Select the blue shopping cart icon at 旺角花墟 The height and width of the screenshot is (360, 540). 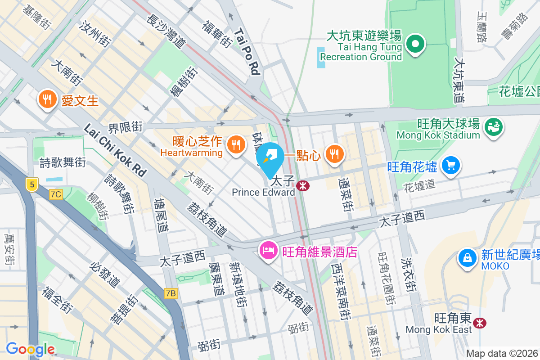[x=450, y=166]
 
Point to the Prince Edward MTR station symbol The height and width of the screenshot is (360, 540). [x=302, y=185]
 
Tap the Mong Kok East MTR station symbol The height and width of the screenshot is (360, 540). [x=480, y=322]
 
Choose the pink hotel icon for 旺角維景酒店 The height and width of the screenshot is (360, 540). [x=269, y=250]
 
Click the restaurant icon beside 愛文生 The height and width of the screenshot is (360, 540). [x=47, y=99]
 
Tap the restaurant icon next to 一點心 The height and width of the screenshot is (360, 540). [x=333, y=154]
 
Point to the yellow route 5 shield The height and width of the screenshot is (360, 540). [x=31, y=184]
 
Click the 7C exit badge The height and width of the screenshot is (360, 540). [x=56, y=194]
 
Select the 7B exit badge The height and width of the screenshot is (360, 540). [x=171, y=293]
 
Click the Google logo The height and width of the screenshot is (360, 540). [x=30, y=349]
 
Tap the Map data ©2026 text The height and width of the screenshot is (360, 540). [x=502, y=353]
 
